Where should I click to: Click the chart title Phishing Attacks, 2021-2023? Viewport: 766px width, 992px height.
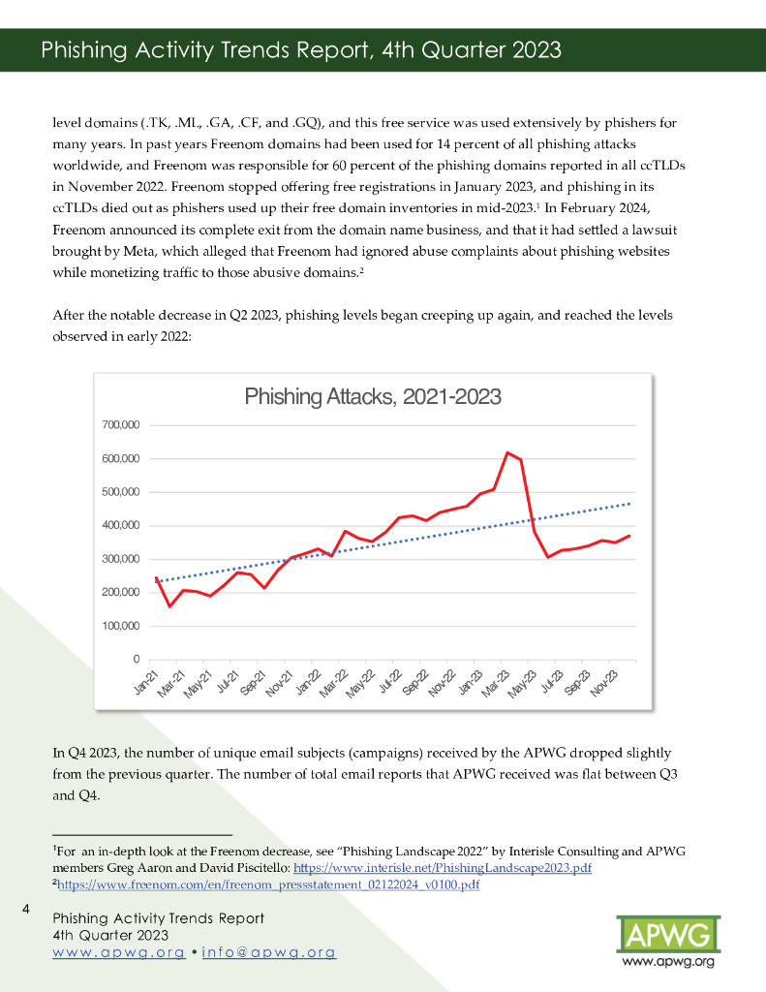click(373, 396)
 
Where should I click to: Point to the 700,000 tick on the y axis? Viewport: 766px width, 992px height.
click(120, 425)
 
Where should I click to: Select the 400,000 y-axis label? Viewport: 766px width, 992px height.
click(120, 526)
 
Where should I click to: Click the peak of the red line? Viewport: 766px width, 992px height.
click(506, 452)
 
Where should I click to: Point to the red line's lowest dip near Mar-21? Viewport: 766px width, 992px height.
click(170, 606)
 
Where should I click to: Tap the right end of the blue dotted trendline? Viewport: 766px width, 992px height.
click(630, 503)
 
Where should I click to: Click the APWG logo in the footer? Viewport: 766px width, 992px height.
click(667, 935)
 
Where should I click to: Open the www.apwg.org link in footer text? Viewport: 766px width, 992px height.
click(119, 952)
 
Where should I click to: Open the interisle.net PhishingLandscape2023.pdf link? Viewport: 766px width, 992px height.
click(442, 868)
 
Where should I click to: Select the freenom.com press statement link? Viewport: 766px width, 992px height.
click(268, 884)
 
